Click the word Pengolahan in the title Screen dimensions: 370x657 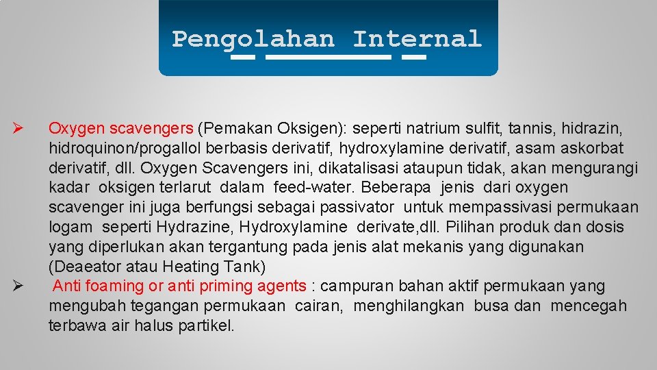click(253, 38)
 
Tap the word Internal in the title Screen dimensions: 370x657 click(417, 38)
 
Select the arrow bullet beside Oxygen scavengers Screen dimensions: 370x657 click(18, 128)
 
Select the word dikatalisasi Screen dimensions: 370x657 click(331, 167)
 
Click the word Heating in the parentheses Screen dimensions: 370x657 click(190, 267)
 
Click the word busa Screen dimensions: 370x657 click(491, 306)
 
